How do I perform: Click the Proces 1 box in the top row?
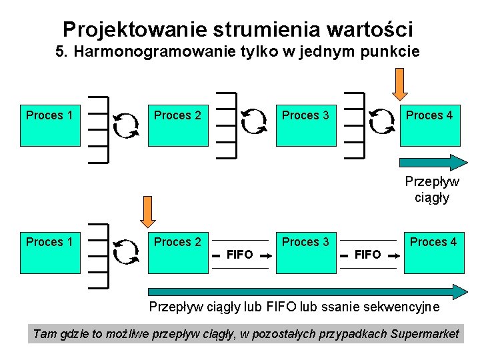(50, 125)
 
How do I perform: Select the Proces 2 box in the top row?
(178, 125)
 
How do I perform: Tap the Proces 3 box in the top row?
(306, 125)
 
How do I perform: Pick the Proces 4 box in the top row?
(430, 125)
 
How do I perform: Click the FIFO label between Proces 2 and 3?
(240, 254)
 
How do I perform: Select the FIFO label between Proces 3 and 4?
(368, 254)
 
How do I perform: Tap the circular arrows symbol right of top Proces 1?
(125, 124)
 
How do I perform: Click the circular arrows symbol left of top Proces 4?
(381, 123)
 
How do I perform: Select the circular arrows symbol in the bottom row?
(125, 251)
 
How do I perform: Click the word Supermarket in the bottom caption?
(425, 334)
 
